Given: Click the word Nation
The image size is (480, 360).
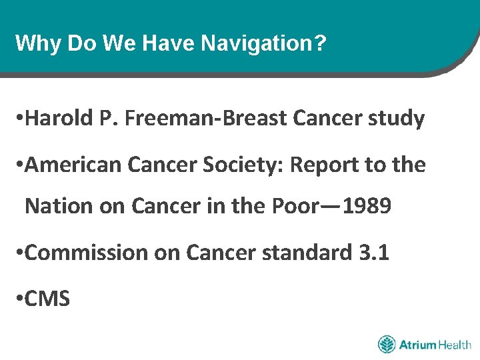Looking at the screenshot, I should pyautogui.click(x=58, y=206).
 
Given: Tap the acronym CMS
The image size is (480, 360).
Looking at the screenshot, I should pyautogui.click(x=47, y=299).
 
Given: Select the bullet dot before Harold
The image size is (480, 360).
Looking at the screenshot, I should pyautogui.click(x=19, y=119).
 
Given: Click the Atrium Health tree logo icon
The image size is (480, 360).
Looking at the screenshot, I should pyautogui.click(x=387, y=345).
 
